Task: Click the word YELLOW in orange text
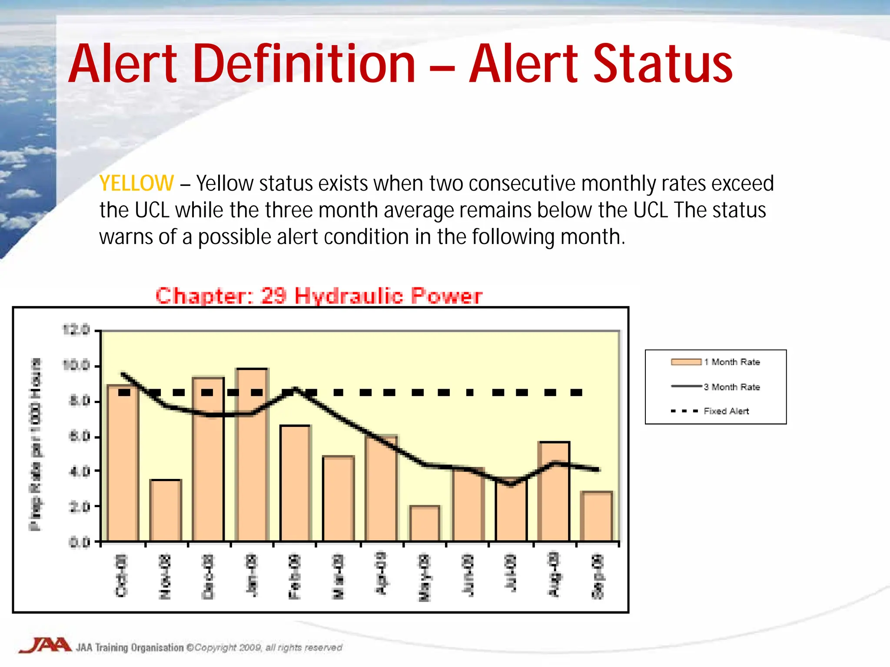point(136,183)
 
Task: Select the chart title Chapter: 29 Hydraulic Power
point(319,296)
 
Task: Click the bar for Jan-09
point(252,456)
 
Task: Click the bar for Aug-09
point(553,492)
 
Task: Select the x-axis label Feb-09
point(294,577)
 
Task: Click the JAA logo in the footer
point(45,646)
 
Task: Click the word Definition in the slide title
point(304,64)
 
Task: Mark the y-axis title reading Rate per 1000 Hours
point(36,444)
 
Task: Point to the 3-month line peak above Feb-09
point(296,389)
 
